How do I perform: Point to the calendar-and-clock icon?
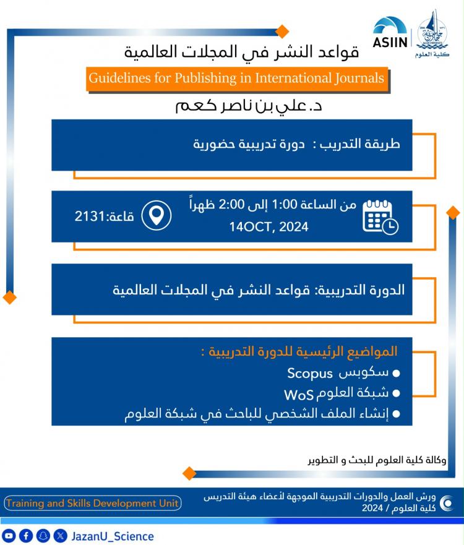pos(380,216)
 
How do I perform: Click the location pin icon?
pos(157,215)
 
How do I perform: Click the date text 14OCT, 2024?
pos(269,227)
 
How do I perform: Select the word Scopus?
pos(309,373)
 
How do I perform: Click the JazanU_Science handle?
pos(113,536)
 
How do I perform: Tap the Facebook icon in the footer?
pos(26,536)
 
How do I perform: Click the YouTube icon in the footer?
pos(9,536)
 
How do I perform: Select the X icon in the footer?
pos(59,536)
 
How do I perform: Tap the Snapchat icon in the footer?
pos(43,536)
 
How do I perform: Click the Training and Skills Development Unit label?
pos(93,503)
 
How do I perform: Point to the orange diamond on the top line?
pos(281,31)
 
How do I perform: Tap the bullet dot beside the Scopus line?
pos(396,374)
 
